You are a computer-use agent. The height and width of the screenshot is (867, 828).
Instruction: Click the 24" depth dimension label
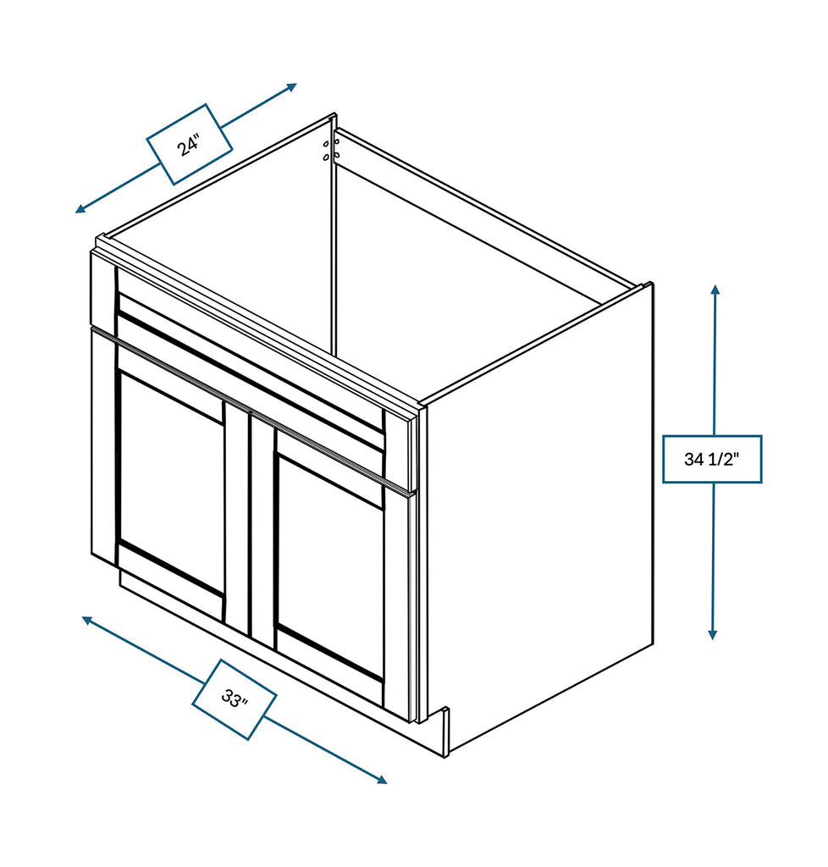[189, 145]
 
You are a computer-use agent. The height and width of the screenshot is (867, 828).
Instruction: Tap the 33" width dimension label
[234, 699]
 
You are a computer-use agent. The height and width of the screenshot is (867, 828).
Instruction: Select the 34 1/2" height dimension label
[711, 459]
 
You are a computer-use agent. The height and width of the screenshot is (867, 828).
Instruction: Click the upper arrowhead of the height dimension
[715, 290]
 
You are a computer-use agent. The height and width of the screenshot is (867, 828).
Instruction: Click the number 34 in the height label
[694, 459]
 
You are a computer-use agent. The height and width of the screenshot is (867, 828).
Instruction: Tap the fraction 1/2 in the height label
[724, 459]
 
